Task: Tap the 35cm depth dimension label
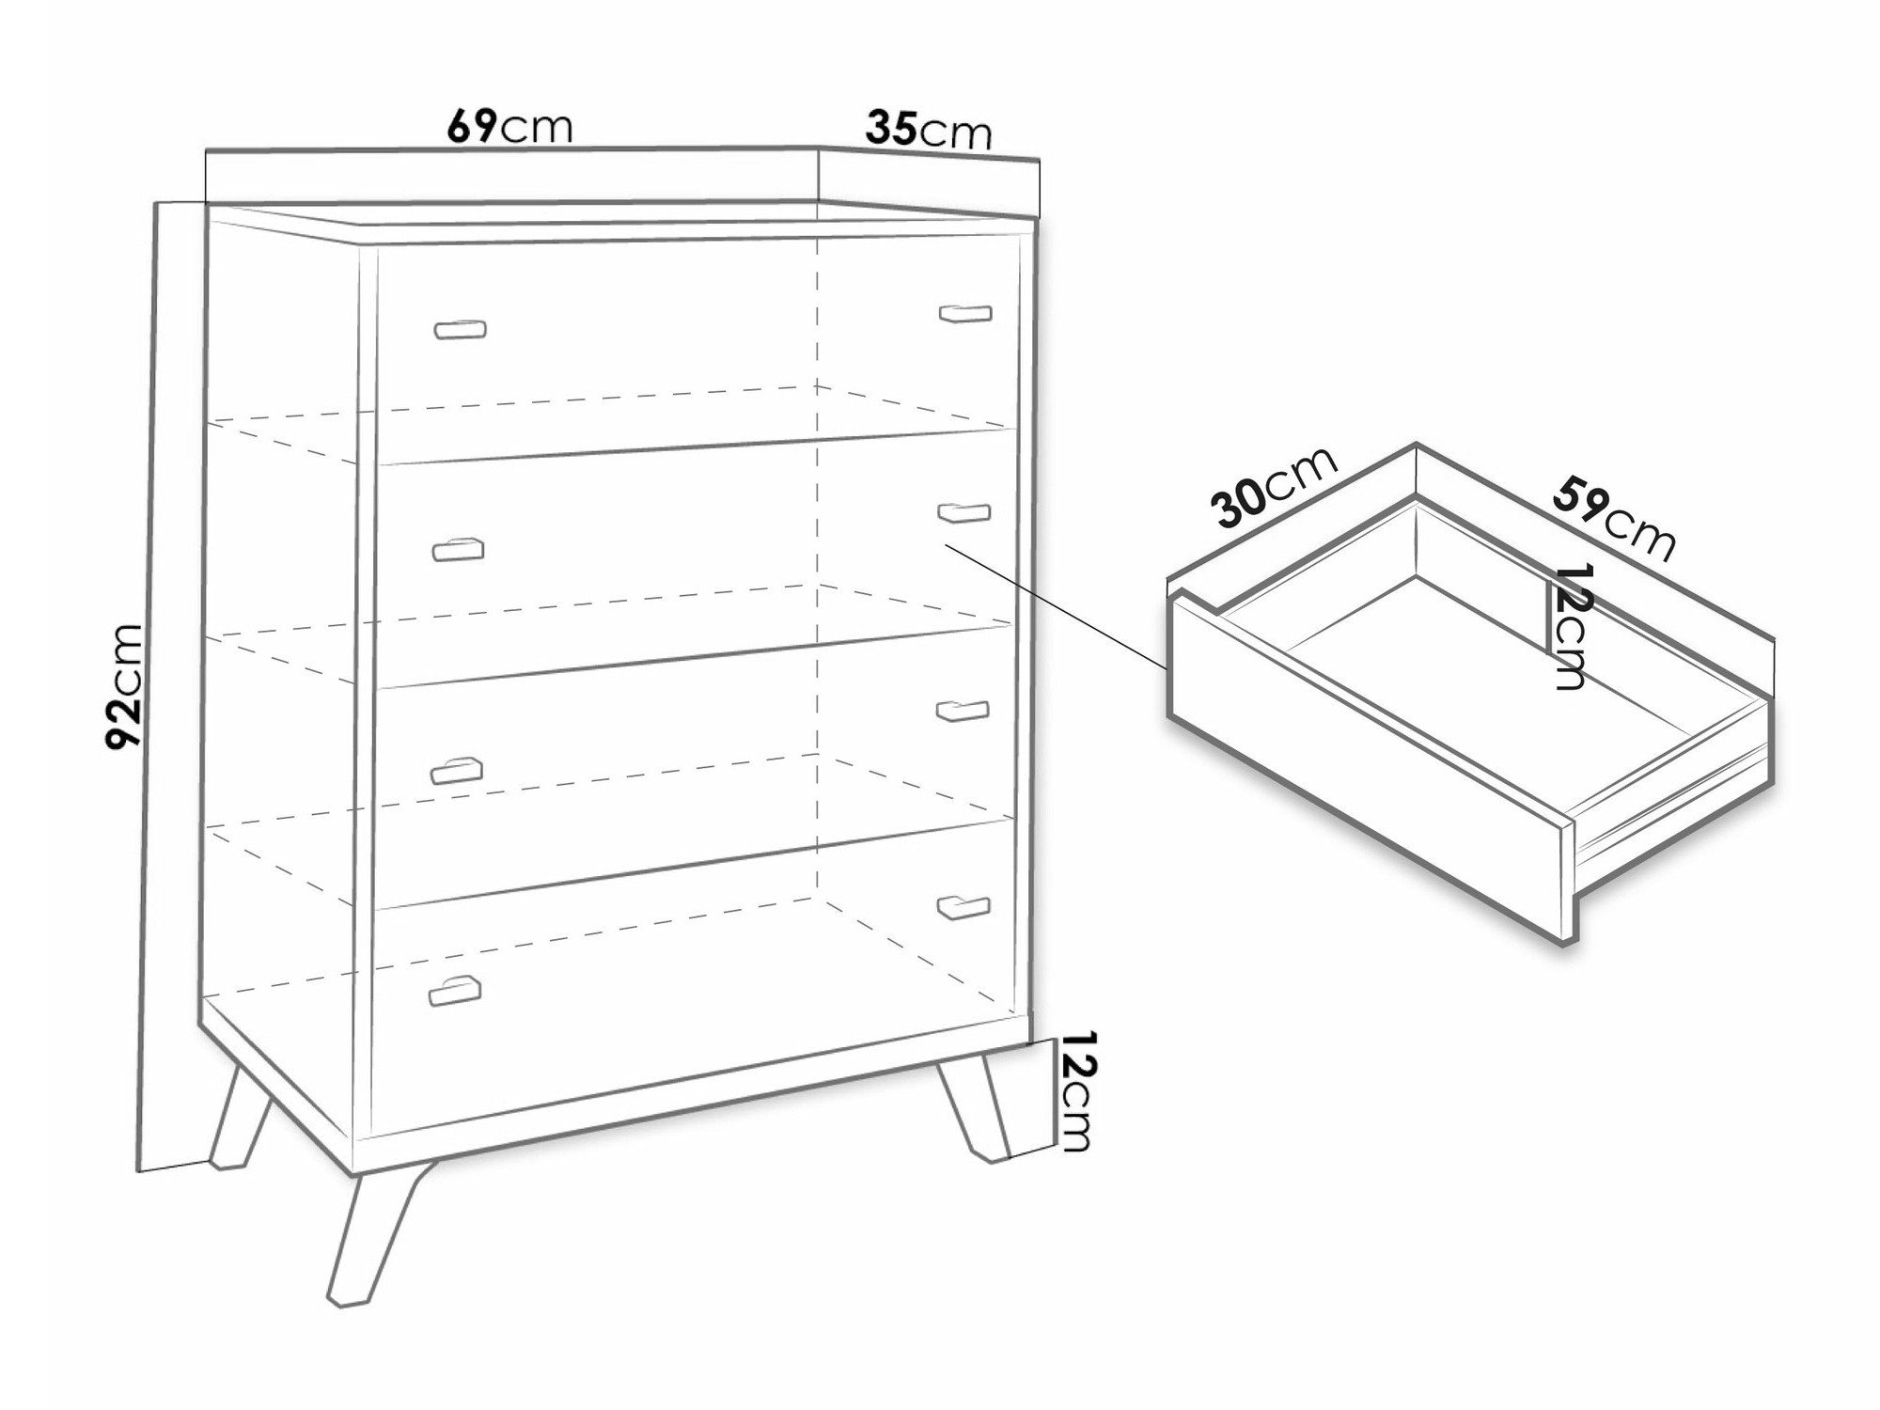click(x=929, y=131)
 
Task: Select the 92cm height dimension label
click(x=125, y=687)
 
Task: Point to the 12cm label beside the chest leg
click(x=1075, y=1092)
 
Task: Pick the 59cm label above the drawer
click(x=1614, y=519)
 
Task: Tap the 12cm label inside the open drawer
click(x=1569, y=627)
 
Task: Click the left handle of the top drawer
click(x=460, y=329)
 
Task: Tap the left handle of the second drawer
click(x=457, y=549)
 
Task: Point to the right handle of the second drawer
click(x=964, y=512)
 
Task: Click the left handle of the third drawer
click(x=456, y=770)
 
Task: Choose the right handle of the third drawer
click(x=963, y=711)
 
